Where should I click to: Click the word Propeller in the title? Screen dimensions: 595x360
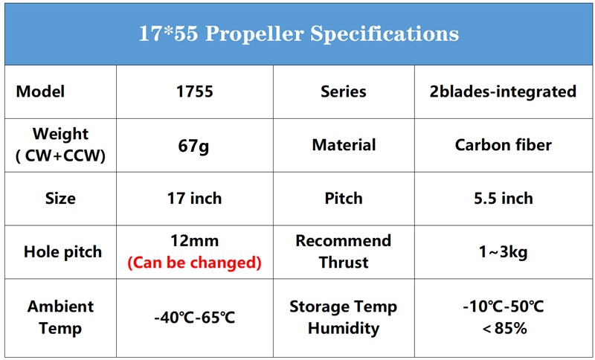pos(254,34)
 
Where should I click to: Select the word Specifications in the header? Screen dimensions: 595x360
pos(385,34)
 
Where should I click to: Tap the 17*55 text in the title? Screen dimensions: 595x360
pos(168,33)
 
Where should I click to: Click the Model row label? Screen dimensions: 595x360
pos(40,91)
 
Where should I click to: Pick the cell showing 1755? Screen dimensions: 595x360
pos(195,91)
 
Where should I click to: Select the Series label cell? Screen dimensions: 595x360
pos(344,91)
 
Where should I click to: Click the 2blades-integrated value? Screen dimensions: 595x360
pos(504,91)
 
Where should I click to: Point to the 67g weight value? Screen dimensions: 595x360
pos(193,146)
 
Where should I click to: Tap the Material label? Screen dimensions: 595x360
pos(344,145)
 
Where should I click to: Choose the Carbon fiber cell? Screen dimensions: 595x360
pos(504,145)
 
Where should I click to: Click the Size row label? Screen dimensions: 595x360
pos(60,199)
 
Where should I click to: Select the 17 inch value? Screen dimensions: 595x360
pos(195,199)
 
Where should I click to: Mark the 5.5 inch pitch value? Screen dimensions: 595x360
pos(504,199)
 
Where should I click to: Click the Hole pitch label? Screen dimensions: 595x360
pos(62,252)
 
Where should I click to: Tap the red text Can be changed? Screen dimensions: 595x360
pos(194,263)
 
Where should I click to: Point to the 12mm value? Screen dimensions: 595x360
pos(195,241)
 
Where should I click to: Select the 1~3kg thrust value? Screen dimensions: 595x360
pos(504,252)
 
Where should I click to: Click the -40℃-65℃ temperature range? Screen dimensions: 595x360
pos(195,318)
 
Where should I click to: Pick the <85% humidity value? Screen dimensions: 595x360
pos(504,328)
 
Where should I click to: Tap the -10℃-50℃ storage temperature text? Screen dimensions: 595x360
pos(504,306)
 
